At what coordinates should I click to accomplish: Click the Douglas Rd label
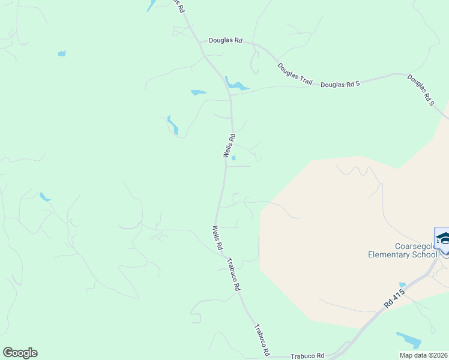tap(225, 40)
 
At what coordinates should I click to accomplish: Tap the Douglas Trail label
tap(295, 74)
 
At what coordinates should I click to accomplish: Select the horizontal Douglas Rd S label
tap(340, 85)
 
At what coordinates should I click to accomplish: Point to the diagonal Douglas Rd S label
tap(421, 90)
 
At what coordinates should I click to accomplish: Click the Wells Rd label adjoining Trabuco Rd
tap(217, 238)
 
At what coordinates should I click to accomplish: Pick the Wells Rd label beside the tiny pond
tap(229, 146)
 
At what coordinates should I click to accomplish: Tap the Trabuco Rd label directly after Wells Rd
tap(234, 274)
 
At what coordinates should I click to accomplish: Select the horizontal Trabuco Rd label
tap(307, 355)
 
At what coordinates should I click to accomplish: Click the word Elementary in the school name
tap(390, 254)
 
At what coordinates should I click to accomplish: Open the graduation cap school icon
tap(442, 239)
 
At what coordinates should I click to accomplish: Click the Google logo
tap(20, 353)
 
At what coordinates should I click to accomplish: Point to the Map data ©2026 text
tap(423, 355)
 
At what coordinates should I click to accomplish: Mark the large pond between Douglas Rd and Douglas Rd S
tap(237, 85)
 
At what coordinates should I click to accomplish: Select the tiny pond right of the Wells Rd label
tap(234, 158)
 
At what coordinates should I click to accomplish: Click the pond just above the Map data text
tap(409, 340)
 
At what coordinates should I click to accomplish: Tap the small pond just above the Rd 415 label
tap(402, 284)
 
